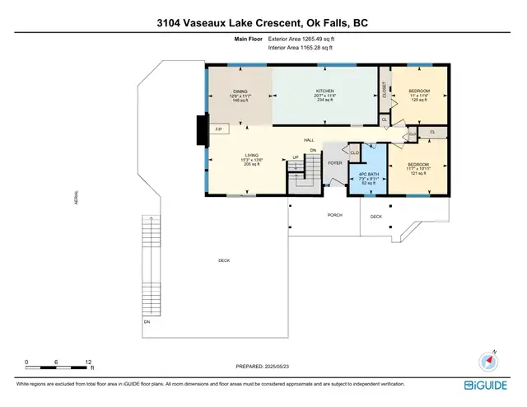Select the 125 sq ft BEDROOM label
pyautogui.click(x=420, y=95)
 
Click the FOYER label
pyautogui.click(x=335, y=163)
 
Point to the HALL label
pyautogui.click(x=309, y=140)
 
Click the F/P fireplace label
pyautogui.click(x=219, y=130)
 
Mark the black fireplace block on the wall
pyautogui.click(x=199, y=129)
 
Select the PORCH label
pyautogui.click(x=334, y=215)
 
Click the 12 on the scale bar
pyautogui.click(x=88, y=362)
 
